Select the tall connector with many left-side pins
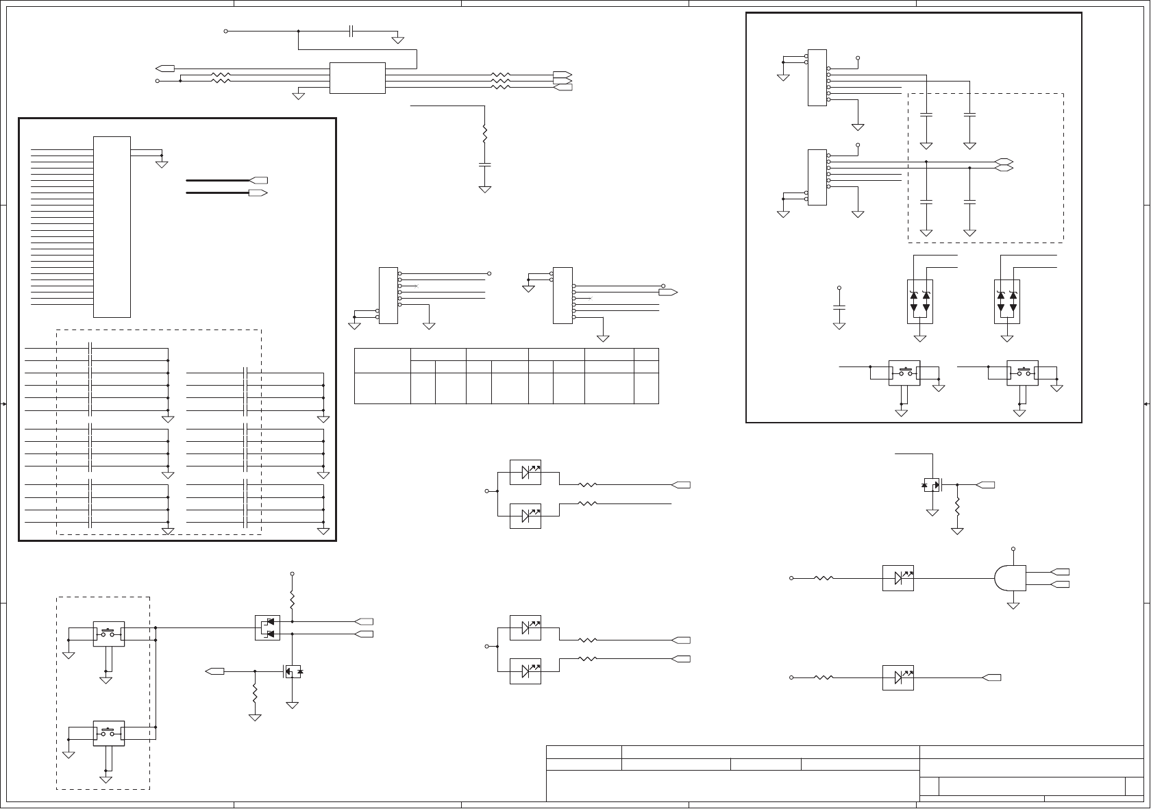click(x=112, y=227)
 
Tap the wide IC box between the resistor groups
click(x=357, y=78)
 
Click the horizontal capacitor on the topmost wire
click(x=351, y=31)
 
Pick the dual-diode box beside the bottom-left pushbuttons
click(x=267, y=627)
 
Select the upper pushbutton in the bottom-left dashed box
click(x=108, y=634)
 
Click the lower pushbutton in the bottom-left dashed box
click(x=108, y=733)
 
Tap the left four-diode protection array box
click(x=919, y=301)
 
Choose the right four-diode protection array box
click(x=1006, y=301)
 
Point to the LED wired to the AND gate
click(x=898, y=578)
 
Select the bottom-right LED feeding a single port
click(x=898, y=677)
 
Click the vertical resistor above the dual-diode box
click(x=293, y=601)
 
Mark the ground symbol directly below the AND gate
click(x=1013, y=604)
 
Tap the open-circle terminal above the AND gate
click(x=1013, y=549)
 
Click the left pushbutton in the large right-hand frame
click(x=904, y=373)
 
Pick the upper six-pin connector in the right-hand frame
click(x=817, y=77)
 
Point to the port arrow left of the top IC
click(x=165, y=69)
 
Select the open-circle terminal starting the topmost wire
click(x=226, y=31)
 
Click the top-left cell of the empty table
click(x=382, y=360)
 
